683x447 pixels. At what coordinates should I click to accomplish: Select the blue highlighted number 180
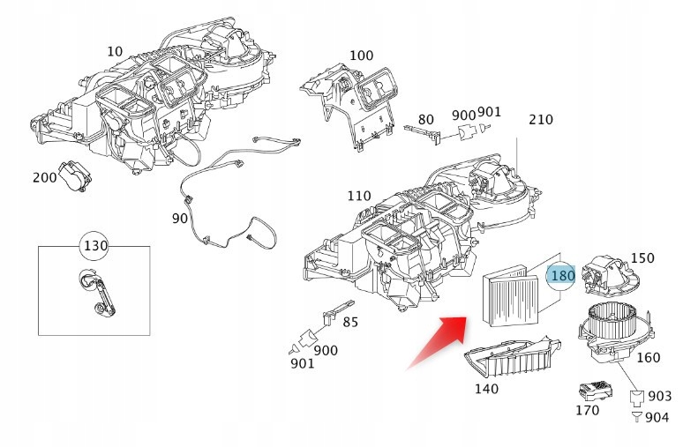coord(561,277)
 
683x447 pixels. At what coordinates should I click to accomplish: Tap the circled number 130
coord(94,244)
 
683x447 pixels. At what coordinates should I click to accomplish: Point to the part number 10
coord(115,52)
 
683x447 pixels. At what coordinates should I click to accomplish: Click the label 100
coord(361,56)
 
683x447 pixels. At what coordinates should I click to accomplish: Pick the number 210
coord(540,120)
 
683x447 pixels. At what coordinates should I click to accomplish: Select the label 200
coord(44,177)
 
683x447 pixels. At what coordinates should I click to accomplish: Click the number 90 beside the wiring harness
coord(179,218)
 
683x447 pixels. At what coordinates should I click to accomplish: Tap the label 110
coord(358,195)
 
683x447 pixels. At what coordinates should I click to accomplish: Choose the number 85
coord(350,322)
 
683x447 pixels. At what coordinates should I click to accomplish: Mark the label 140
coord(485,388)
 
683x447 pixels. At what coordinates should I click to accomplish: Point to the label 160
coord(648,357)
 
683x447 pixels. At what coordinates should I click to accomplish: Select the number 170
coord(586,410)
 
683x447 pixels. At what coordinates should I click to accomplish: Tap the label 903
coord(659,397)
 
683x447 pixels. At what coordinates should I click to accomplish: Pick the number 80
coord(425,119)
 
